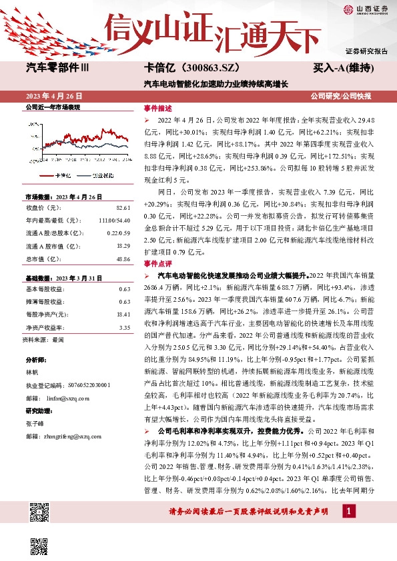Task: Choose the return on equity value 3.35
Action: click(x=124, y=327)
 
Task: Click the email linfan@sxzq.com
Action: click(x=61, y=398)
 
